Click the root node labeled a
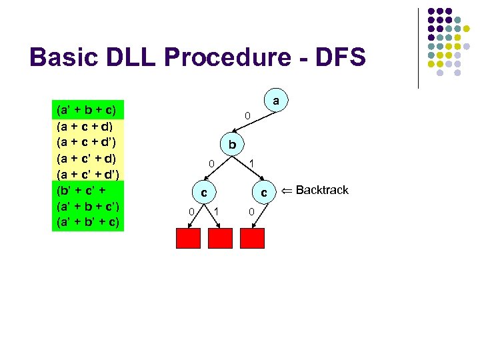coord(276,101)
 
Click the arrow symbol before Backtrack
coord(286,191)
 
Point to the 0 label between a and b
coord(246,117)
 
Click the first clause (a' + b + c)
coord(86,109)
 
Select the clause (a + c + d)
coord(85,125)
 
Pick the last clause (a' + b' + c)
coord(86,221)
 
